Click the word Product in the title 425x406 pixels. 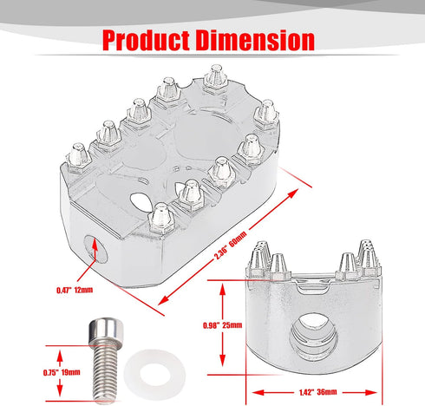tap(146, 40)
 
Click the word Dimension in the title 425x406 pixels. tap(255, 40)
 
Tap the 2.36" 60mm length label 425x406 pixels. tap(230, 246)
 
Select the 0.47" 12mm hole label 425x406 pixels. tap(75, 290)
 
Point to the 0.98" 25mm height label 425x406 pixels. tap(222, 325)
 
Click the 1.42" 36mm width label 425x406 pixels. tap(318, 392)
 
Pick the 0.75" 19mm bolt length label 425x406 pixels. tap(62, 372)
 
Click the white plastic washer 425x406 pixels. tap(154, 375)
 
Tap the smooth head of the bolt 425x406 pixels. tap(104, 332)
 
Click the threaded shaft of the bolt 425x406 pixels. tap(104, 373)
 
